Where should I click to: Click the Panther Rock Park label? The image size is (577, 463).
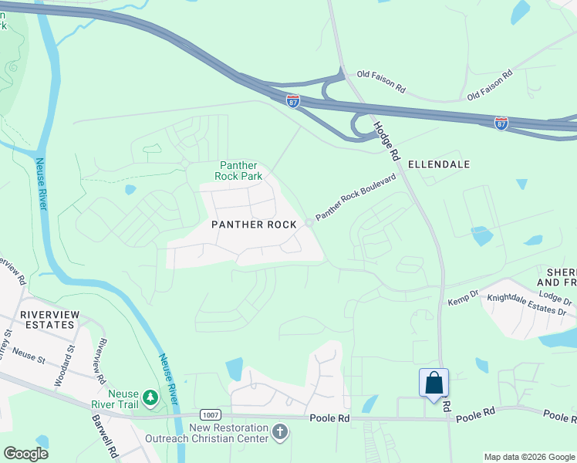pyautogui.click(x=241, y=171)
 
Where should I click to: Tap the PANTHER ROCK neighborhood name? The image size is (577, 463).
pyautogui.click(x=255, y=224)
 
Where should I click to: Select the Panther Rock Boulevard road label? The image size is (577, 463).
pyautogui.click(x=356, y=197)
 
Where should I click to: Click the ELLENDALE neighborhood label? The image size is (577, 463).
pyautogui.click(x=438, y=164)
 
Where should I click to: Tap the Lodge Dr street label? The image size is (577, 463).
pyautogui.click(x=555, y=297)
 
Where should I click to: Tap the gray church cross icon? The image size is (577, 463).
pyautogui.click(x=280, y=433)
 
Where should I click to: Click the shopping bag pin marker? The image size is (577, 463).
pyautogui.click(x=434, y=384)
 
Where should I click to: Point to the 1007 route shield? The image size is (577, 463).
pyautogui.click(x=211, y=414)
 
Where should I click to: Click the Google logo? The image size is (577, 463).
pyautogui.click(x=25, y=453)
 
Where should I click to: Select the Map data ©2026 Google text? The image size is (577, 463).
pyautogui.click(x=528, y=457)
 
